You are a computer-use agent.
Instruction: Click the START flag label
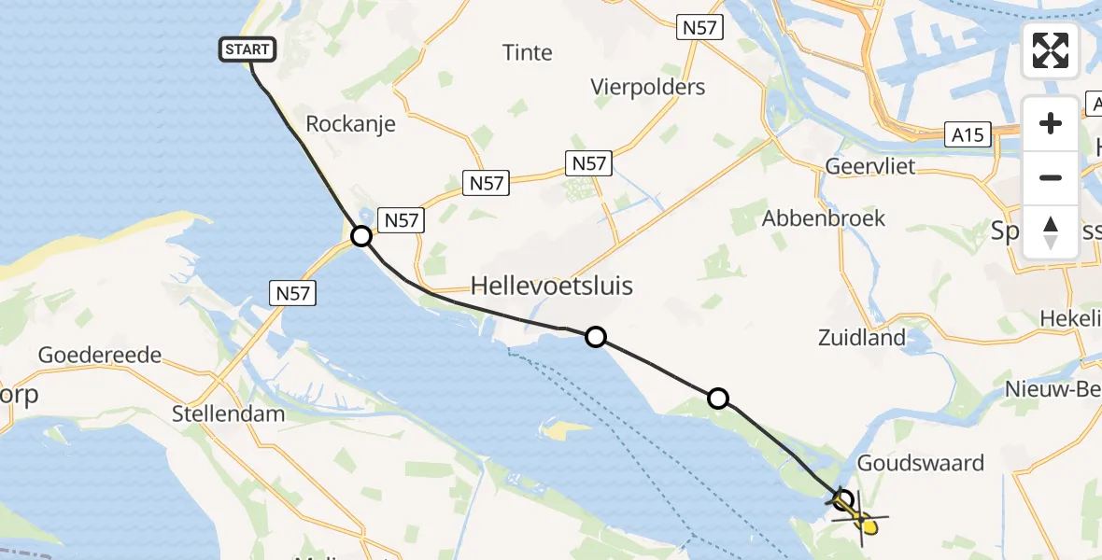coord(247,49)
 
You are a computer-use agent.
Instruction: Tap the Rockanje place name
coord(351,124)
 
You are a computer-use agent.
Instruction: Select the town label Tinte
coord(528,52)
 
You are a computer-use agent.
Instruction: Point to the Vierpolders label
coord(648,87)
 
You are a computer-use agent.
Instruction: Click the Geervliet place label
coord(870,167)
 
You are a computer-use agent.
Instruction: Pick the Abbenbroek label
coord(824,218)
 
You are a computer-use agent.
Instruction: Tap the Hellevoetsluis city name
coord(552,286)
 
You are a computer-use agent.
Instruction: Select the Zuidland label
coord(861,337)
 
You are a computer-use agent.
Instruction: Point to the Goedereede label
coord(100,356)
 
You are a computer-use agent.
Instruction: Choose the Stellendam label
coord(229,413)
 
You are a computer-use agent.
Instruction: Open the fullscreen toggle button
coord(1051,50)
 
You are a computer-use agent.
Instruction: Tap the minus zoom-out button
coord(1051,177)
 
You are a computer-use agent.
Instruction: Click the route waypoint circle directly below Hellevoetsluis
coord(595,337)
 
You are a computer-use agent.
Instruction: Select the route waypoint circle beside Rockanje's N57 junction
coord(361,237)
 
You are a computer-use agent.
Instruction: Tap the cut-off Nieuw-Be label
coord(1053,389)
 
